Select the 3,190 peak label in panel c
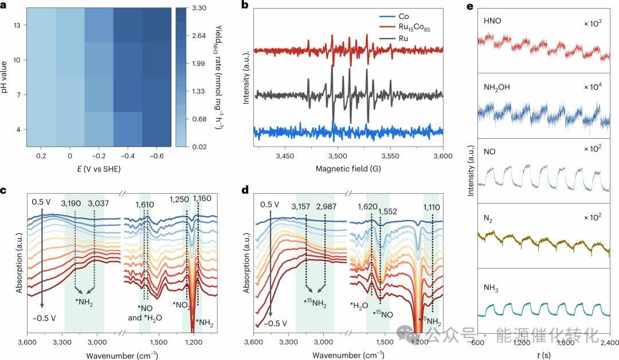(x=76, y=202)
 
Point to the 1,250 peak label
(x=179, y=198)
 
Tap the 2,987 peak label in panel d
(x=326, y=207)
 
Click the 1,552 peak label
(x=388, y=212)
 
